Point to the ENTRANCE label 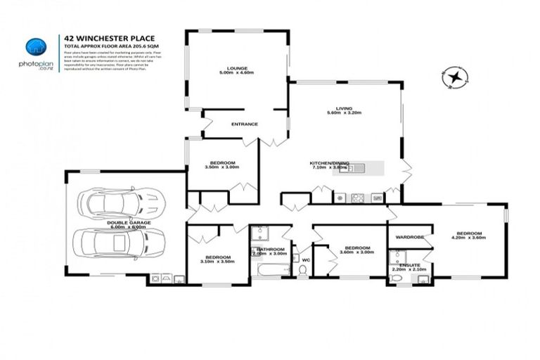coord(245,124)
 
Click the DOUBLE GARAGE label coord(127,223)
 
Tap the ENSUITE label coord(409,265)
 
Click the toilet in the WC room coord(303,269)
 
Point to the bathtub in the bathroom coord(271,269)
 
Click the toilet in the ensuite coord(396,279)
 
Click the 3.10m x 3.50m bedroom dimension coord(217,261)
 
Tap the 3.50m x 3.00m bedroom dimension coord(222,167)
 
